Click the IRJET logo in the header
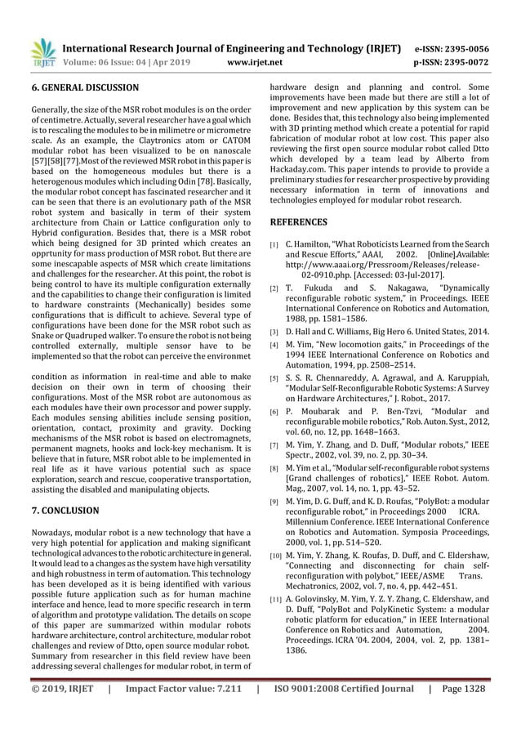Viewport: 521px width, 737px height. pyautogui.click(x=42, y=53)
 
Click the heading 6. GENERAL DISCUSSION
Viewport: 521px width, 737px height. pyautogui.click(x=84, y=87)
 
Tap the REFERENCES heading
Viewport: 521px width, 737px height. pyautogui.click(x=298, y=221)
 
